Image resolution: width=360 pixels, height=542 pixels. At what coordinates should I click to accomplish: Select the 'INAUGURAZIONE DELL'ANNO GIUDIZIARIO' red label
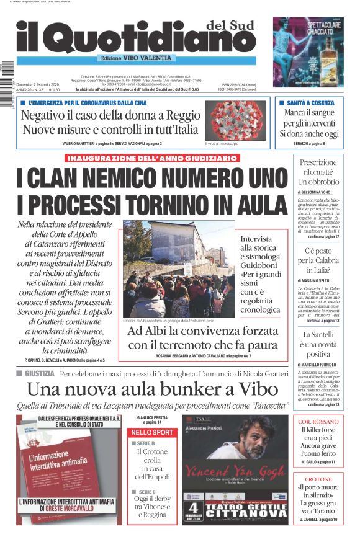tap(152, 158)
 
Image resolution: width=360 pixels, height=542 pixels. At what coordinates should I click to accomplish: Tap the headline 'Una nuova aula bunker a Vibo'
tap(150, 389)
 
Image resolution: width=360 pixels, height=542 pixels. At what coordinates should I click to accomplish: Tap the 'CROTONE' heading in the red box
tap(318, 479)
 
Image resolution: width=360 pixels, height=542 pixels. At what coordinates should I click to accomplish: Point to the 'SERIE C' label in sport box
tap(143, 492)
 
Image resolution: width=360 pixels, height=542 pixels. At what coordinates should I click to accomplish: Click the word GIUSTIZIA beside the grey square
tap(40, 374)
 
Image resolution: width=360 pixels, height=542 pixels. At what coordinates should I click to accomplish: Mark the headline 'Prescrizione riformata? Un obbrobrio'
tap(318, 172)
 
